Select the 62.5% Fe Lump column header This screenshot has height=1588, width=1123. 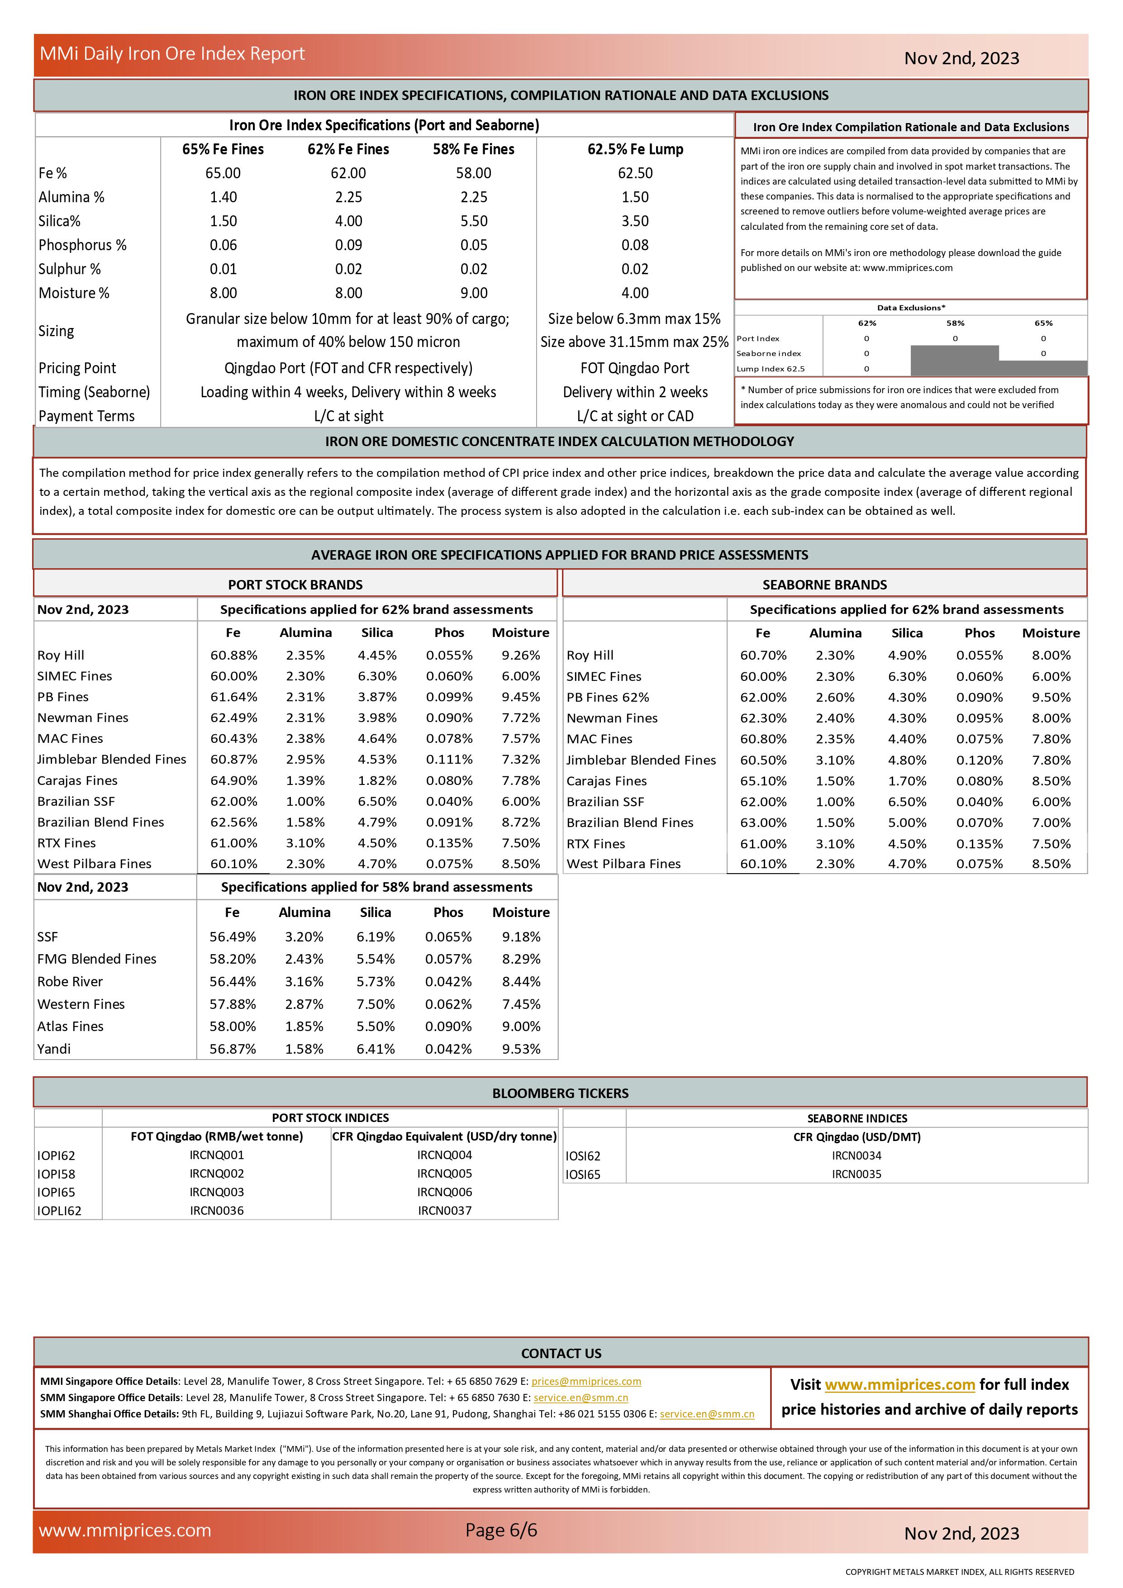coord(635,149)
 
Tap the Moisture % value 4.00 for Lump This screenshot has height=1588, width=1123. coord(635,293)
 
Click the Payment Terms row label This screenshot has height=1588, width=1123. coord(86,416)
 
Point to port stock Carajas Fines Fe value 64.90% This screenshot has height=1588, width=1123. coord(233,780)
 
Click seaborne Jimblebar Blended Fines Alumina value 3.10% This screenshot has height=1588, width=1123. coord(835,760)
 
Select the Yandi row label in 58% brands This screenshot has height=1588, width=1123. coord(54,1049)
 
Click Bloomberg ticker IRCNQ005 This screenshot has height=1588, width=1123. coord(445,1174)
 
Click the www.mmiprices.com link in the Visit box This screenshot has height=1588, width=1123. coord(899,1385)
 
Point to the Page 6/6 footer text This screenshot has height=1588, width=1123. coord(501,1531)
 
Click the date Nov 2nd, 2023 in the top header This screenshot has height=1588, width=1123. coord(961,58)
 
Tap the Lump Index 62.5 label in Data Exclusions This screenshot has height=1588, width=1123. coord(771,369)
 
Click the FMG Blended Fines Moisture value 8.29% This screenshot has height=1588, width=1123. coord(521,959)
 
